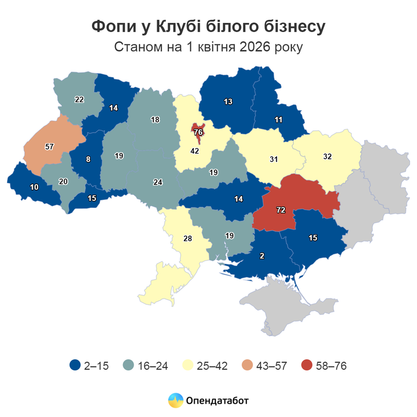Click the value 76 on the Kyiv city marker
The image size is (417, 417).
pos(198,132)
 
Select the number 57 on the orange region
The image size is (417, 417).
pos(49,146)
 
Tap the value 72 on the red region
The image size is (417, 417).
pos(280,210)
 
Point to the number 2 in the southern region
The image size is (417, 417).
pos(261,256)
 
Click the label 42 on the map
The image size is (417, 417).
pos(196,151)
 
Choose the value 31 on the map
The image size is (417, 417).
pos(273,159)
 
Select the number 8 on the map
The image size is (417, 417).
pos(88,158)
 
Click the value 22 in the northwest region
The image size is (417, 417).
pos(79,99)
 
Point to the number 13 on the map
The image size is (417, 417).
pos(228,102)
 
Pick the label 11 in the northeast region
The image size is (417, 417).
pos(279,120)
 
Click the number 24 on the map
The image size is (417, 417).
pos(158,182)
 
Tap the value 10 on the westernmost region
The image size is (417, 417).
pos(34,188)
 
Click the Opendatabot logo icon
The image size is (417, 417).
pos(175,399)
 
